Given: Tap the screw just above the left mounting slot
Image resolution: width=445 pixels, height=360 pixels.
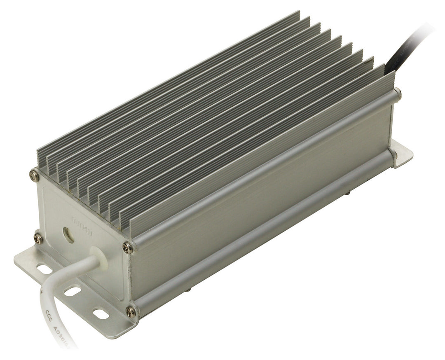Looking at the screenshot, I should tap(38, 238).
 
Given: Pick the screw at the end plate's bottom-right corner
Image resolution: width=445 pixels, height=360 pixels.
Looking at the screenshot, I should tap(131, 311).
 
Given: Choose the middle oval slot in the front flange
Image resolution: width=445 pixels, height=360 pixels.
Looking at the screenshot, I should tap(73, 291).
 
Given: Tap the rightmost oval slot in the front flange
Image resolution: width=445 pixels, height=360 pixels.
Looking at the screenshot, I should tap(100, 314).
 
